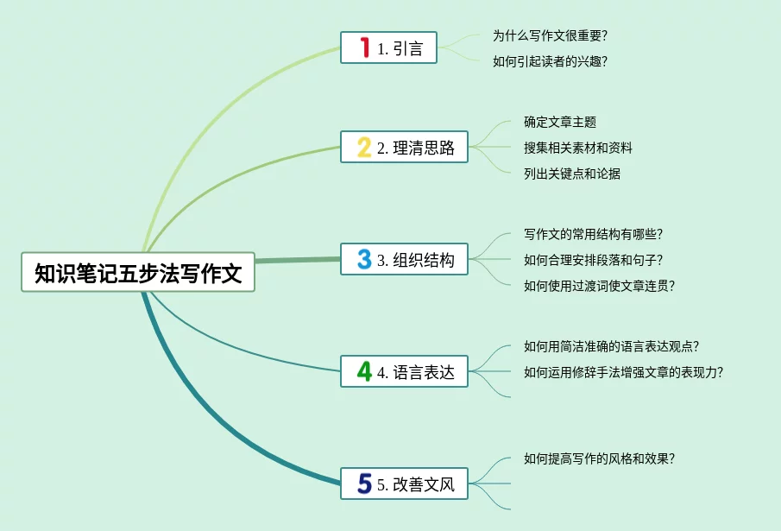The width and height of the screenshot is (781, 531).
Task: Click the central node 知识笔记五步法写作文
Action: [x=138, y=273]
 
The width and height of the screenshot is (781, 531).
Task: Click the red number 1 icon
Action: [x=364, y=48]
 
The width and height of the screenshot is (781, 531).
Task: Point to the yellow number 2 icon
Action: [x=364, y=148]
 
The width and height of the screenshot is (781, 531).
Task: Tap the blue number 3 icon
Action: [x=364, y=259]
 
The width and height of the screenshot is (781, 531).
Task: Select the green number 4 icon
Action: [x=364, y=372]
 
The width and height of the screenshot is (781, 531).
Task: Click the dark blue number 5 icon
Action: [x=364, y=484]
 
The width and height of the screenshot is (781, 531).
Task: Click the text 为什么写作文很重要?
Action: [x=550, y=35]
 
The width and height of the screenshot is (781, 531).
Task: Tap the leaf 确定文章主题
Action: [x=560, y=122]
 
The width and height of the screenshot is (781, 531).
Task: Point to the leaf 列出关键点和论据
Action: [x=572, y=174]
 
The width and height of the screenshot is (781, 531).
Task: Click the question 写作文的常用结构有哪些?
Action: [x=593, y=234]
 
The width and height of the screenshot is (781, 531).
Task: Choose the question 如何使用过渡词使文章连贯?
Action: [x=599, y=286]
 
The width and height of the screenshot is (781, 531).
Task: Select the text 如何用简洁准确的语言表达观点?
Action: [x=611, y=346]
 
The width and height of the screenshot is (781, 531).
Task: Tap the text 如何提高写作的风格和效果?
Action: [x=599, y=458]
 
